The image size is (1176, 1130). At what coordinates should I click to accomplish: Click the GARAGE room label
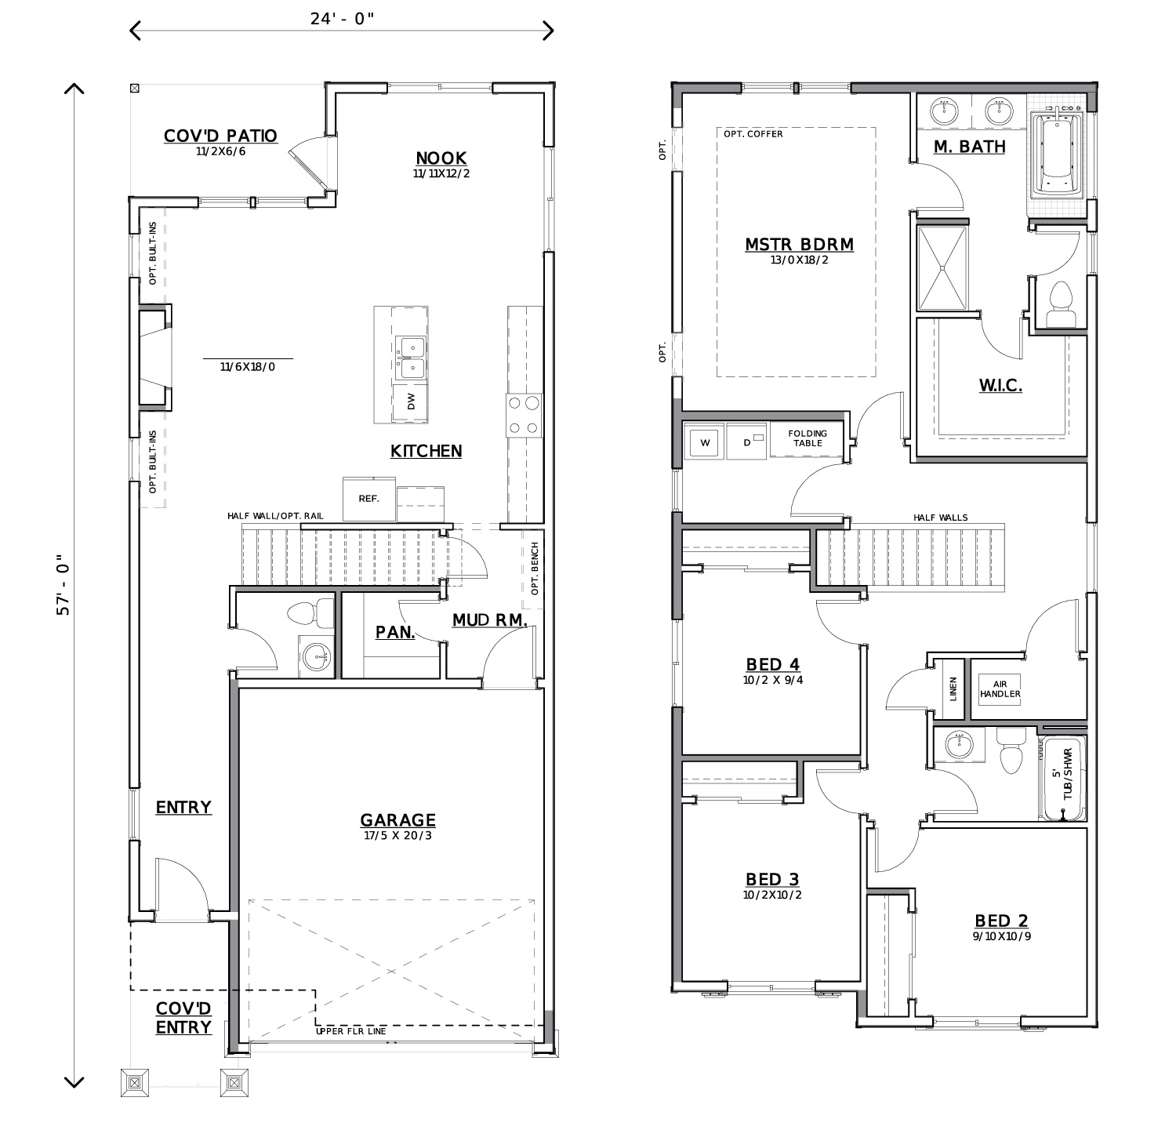point(397,820)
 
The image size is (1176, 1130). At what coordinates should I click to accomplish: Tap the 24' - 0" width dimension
point(342,19)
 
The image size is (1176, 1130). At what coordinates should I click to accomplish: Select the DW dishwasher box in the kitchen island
point(411,403)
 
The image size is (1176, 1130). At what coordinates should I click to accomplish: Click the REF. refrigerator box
point(369,499)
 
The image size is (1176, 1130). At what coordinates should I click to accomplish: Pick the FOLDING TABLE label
point(808,438)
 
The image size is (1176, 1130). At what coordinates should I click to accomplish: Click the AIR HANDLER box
point(1000,689)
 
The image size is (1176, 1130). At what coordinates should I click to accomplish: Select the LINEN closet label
point(954,688)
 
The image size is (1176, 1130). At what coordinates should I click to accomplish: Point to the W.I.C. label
point(1000,385)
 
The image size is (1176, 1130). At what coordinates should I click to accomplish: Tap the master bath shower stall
point(944,267)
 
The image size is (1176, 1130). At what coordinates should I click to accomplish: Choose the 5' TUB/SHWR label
point(1062,773)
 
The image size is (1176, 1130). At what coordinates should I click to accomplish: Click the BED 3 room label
point(772,880)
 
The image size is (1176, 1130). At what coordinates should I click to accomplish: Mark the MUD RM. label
point(489,620)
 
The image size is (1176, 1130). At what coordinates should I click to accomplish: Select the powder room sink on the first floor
point(317,656)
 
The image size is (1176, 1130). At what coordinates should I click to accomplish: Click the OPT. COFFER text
point(753,134)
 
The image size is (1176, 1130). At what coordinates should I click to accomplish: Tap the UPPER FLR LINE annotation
point(350,1031)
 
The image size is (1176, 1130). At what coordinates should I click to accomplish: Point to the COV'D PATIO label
point(220,136)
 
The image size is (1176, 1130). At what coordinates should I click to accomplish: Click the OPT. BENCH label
point(535,569)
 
